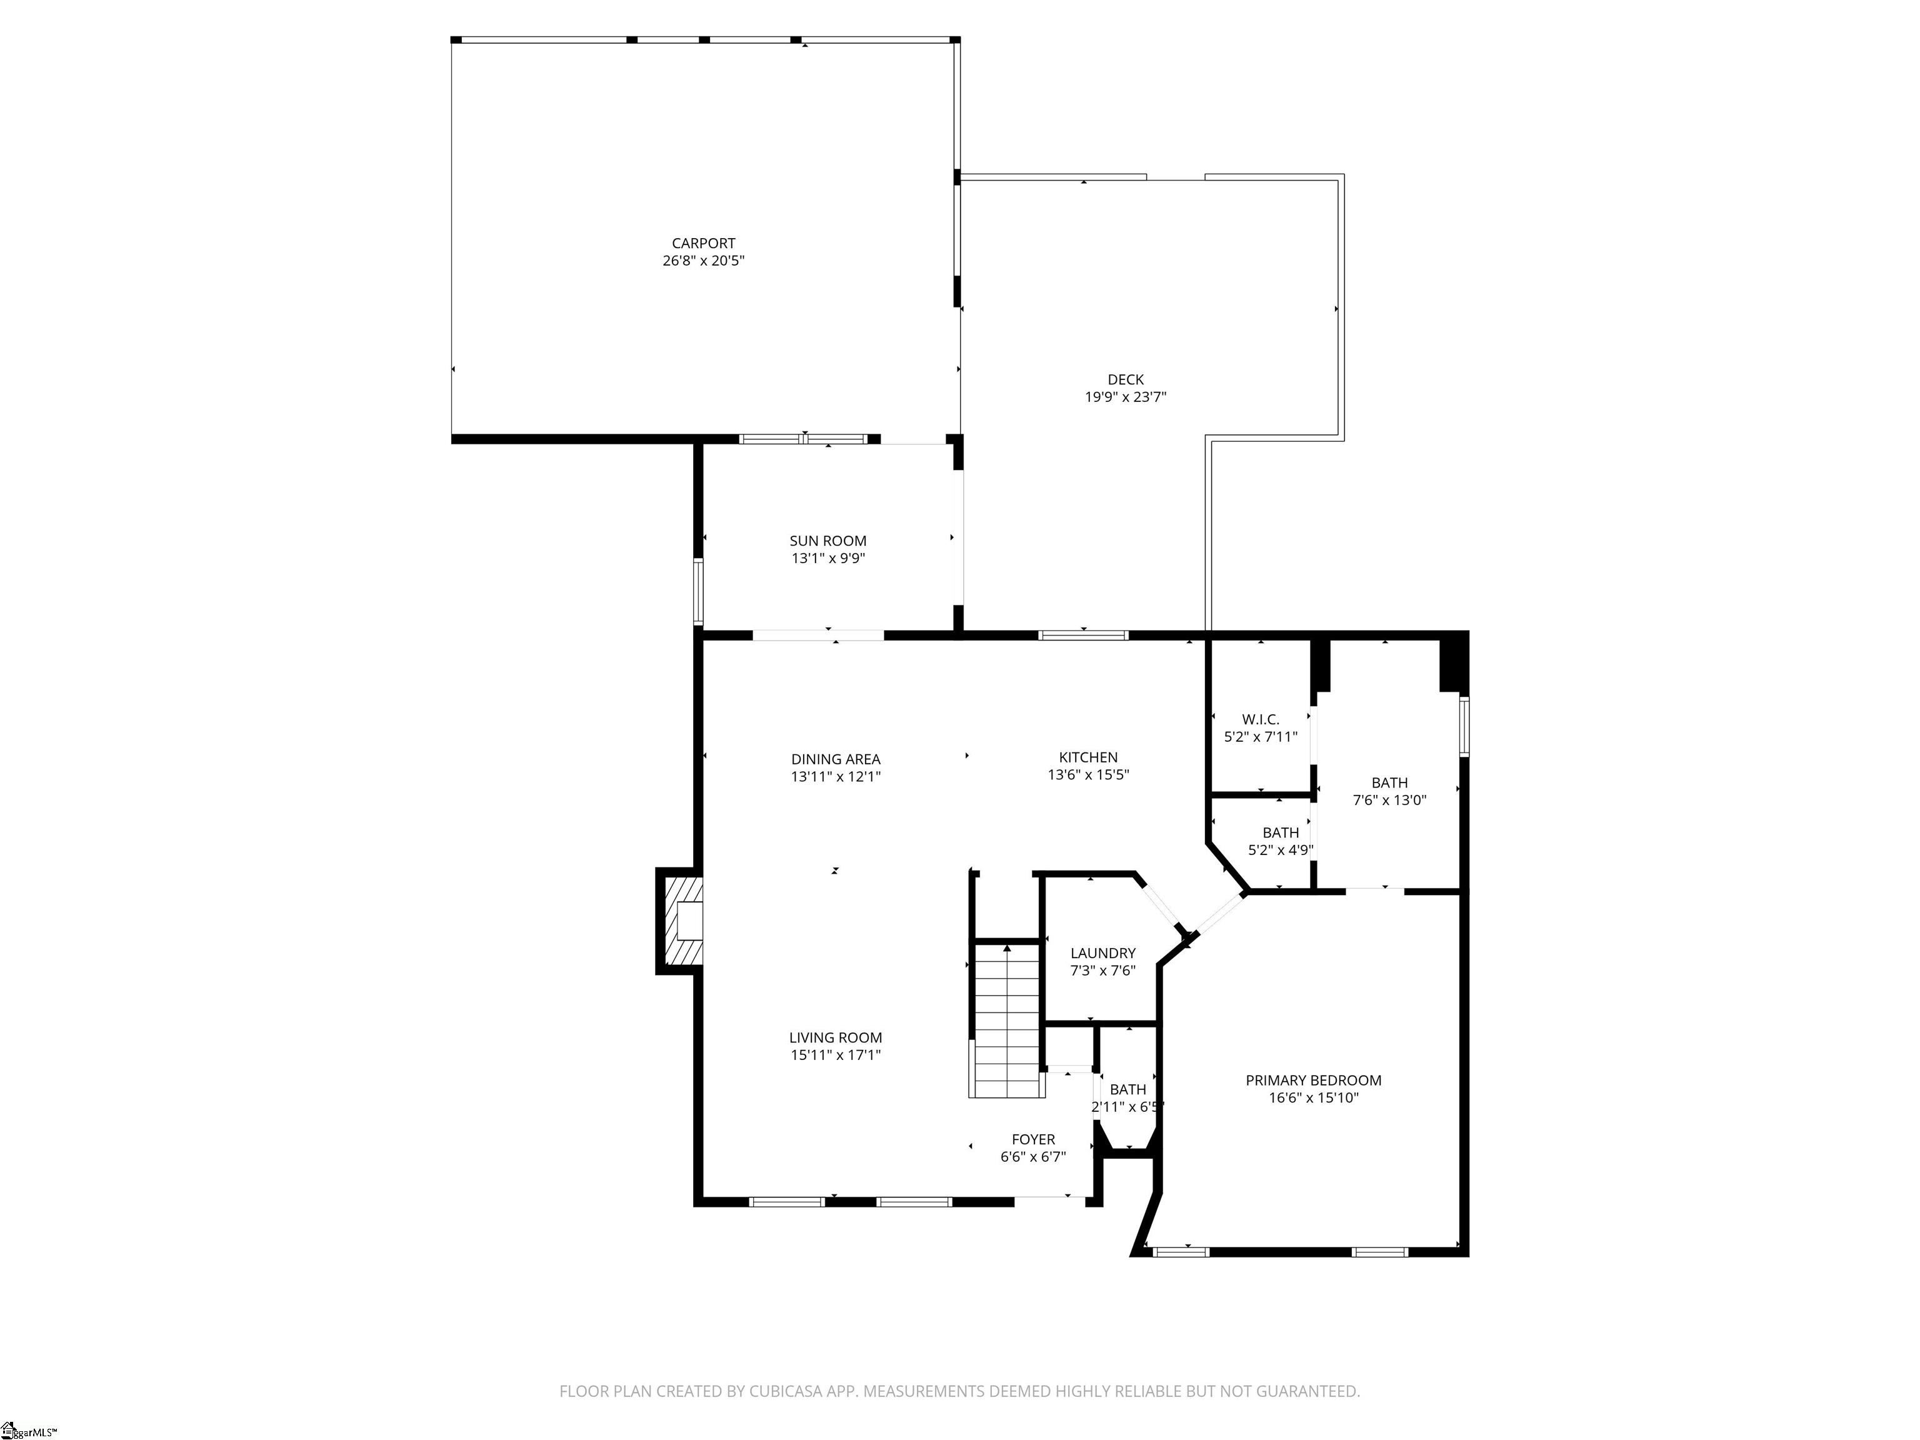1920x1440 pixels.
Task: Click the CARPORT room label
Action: pos(703,244)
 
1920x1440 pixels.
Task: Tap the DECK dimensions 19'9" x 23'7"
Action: pos(1125,397)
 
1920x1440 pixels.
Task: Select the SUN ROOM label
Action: pos(827,541)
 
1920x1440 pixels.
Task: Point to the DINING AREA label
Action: pos(835,759)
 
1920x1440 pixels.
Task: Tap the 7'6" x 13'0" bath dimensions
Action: pos(1389,800)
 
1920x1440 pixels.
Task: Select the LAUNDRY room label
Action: pos(1102,953)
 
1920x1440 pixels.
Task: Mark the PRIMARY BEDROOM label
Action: pos(1312,1081)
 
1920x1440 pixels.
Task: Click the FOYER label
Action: pos(1033,1139)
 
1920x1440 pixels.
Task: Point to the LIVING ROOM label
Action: pos(835,1037)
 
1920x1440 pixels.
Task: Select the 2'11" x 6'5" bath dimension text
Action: pos(1127,1107)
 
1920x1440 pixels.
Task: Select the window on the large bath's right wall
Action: pos(1463,726)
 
